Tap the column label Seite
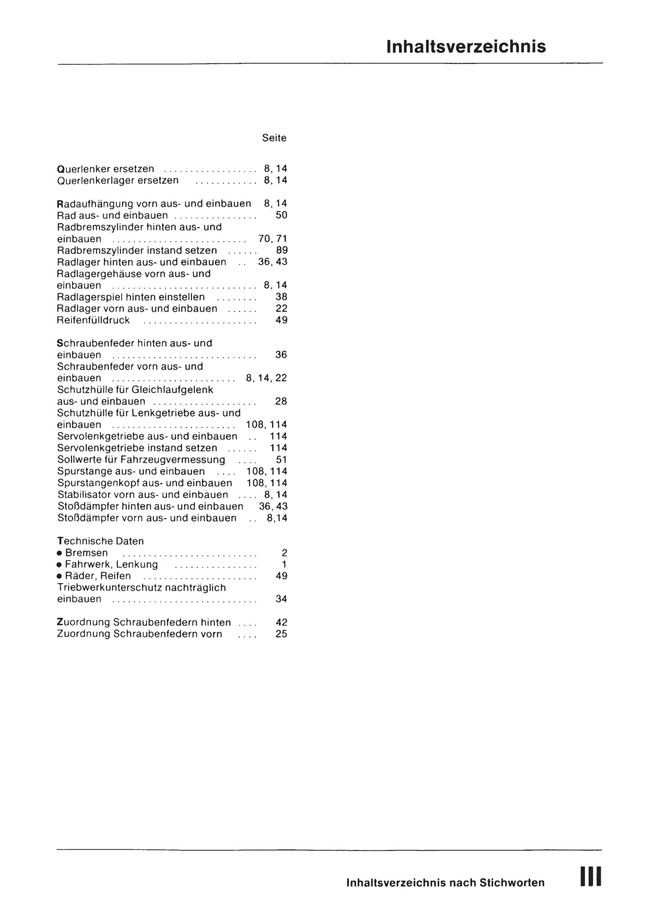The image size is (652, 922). pos(274,138)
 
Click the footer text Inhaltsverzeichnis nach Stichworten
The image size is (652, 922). pos(445,883)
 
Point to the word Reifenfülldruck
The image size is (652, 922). pos(94,320)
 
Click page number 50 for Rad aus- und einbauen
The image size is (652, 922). pos(281,215)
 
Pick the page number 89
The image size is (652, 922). pos(281,250)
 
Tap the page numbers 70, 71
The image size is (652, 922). pos(273,239)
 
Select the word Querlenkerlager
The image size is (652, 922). pos(96,180)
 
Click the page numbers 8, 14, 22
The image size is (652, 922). pos(266,378)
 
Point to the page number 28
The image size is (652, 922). pos(281,401)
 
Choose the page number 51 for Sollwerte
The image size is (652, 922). pos(281,460)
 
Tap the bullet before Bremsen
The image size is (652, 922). pos(59,553)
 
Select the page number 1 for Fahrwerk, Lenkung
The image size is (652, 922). pos(284,564)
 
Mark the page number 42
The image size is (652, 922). pos(281,622)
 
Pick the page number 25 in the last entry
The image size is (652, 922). pos(281,634)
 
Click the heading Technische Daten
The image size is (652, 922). pos(100,541)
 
